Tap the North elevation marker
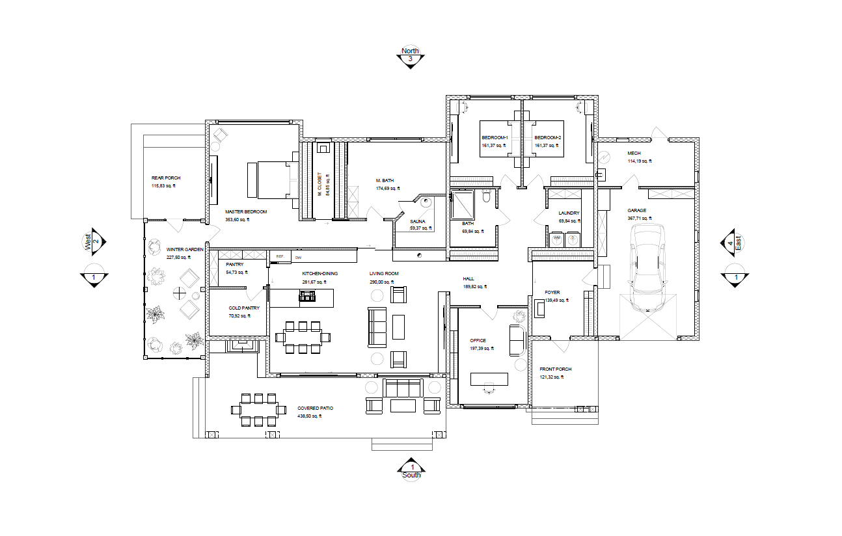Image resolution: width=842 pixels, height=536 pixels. (x=410, y=56)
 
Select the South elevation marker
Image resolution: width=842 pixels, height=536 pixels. (x=411, y=469)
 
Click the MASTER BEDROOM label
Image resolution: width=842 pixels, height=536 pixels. (x=246, y=212)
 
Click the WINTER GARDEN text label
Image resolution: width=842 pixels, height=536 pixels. (x=185, y=250)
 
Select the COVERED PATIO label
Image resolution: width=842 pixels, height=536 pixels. (x=315, y=409)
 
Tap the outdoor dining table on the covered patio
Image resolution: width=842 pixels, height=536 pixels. (x=258, y=410)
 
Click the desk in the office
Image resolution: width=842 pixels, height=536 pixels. (x=488, y=379)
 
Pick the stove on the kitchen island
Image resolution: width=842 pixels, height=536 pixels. (x=307, y=298)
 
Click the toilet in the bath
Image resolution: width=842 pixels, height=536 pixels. (x=487, y=197)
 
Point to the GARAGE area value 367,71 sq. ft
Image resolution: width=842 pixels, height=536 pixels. (x=639, y=219)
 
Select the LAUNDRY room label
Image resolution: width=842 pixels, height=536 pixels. (x=569, y=213)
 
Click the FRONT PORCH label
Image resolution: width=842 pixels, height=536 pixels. (x=555, y=369)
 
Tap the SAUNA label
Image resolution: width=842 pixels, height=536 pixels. (x=417, y=221)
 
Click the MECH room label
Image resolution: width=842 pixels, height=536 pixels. (x=634, y=154)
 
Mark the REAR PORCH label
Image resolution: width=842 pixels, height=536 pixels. (x=166, y=178)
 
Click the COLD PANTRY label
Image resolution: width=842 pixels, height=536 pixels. (x=244, y=308)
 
